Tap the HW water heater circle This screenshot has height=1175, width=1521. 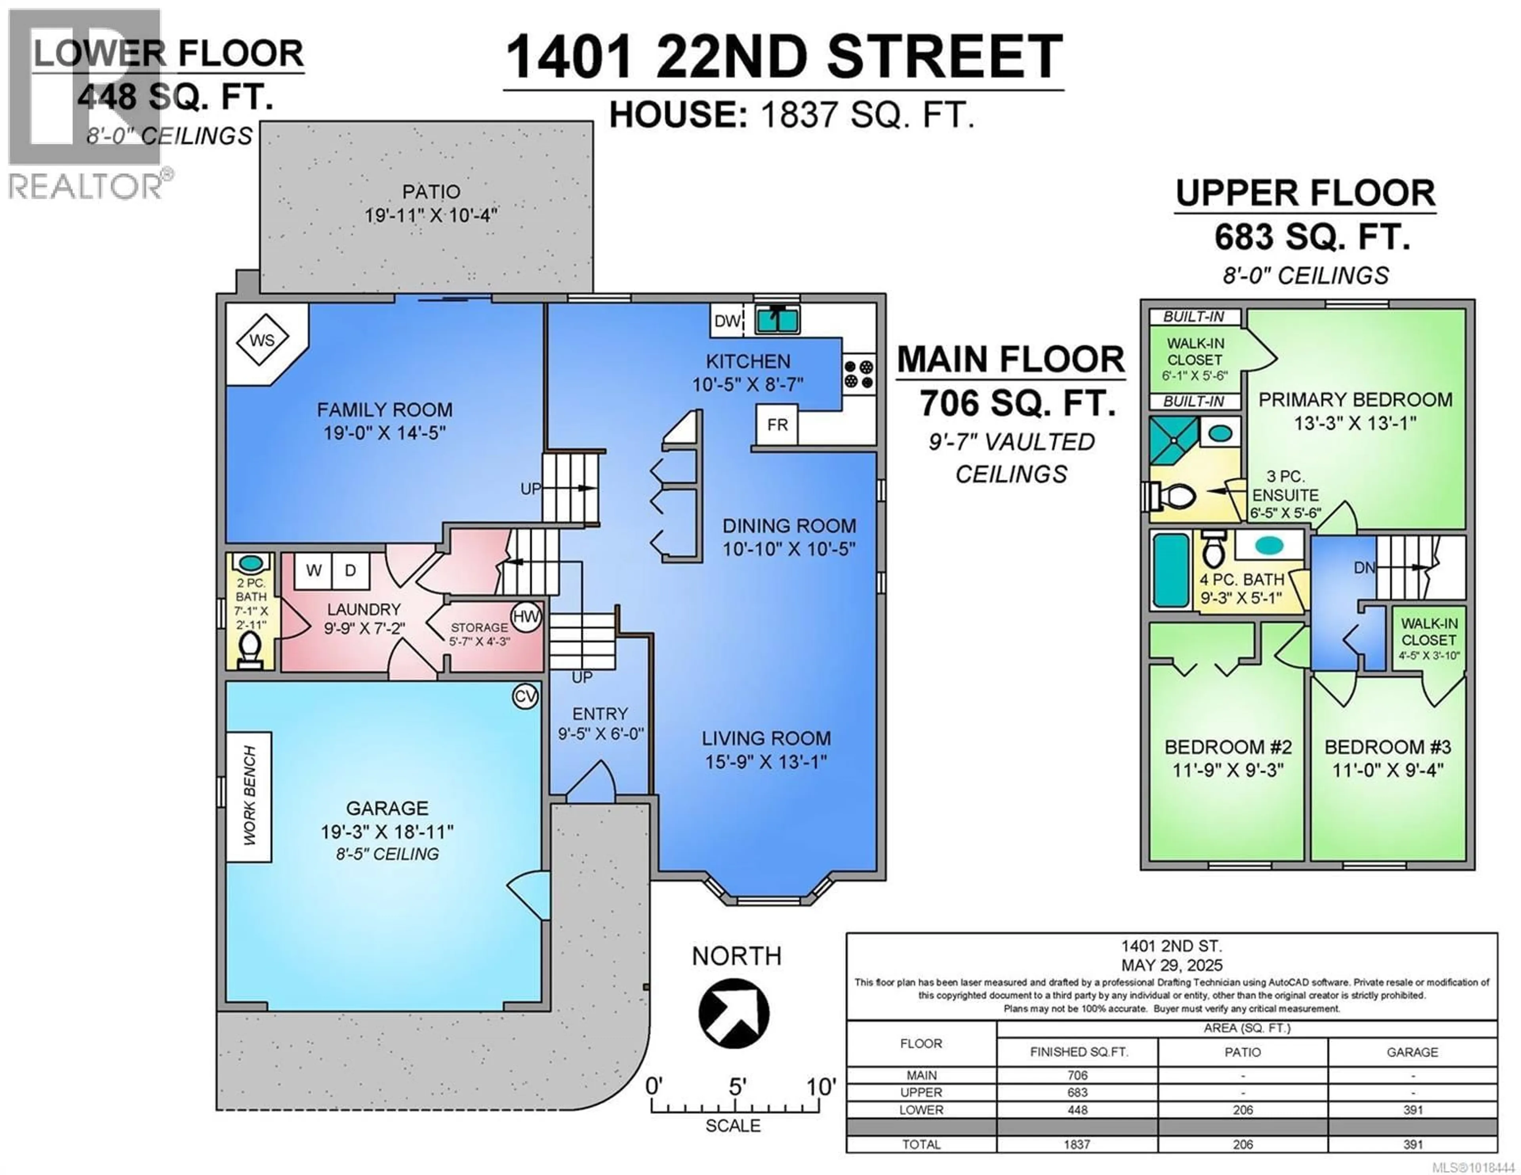click(x=526, y=616)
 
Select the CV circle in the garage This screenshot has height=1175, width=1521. click(x=525, y=697)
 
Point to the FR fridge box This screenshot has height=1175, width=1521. click(x=777, y=425)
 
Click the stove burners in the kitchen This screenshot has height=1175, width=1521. click(x=859, y=374)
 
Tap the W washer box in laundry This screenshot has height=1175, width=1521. click(x=313, y=570)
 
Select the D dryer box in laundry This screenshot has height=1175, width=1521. click(x=350, y=570)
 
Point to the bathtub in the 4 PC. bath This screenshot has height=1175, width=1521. click(x=1171, y=570)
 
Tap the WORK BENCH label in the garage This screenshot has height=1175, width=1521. click(x=249, y=796)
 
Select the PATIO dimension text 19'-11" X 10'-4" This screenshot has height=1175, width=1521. click(x=431, y=215)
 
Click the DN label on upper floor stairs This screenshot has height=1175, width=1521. click(x=1364, y=568)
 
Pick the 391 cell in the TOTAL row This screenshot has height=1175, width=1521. click(x=1412, y=1145)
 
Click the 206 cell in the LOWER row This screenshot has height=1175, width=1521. click(x=1243, y=1110)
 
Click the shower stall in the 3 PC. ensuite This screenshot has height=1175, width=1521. click(x=1173, y=441)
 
